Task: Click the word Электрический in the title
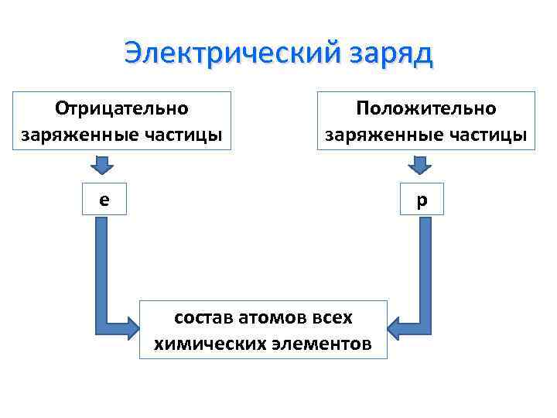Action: click(x=223, y=54)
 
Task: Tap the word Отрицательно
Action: click(x=123, y=108)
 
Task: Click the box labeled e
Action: click(x=103, y=200)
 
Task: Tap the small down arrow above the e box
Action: click(x=102, y=165)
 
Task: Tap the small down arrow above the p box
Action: click(x=420, y=165)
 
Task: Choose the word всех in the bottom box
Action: click(x=333, y=317)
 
